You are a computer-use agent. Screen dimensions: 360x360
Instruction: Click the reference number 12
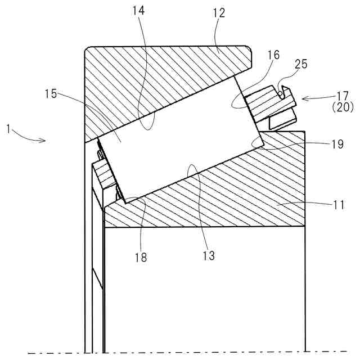[219, 13]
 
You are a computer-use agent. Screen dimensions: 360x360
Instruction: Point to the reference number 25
[301, 64]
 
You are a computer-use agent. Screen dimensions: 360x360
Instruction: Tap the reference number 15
[51, 94]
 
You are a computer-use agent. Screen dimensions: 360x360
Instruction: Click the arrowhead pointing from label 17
[303, 99]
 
